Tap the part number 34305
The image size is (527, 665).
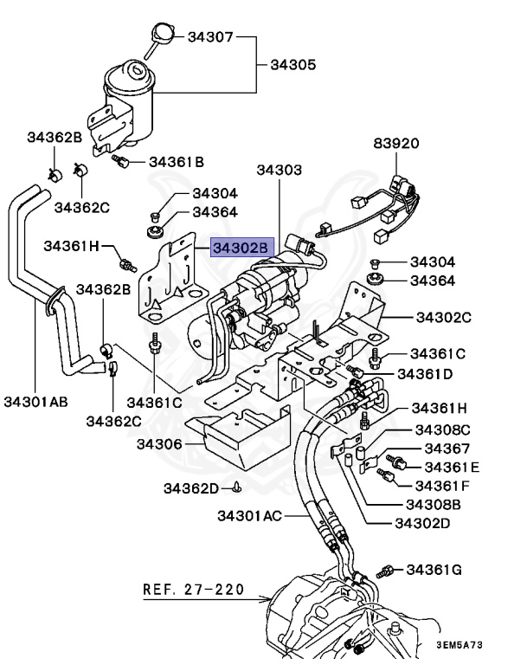[x=293, y=64]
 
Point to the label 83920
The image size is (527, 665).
[x=396, y=143]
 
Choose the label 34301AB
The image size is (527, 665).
[x=35, y=402]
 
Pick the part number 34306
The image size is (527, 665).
[x=159, y=444]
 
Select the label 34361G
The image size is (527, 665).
[x=434, y=569]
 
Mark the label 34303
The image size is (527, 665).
[x=279, y=171]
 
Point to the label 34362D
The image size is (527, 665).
[x=191, y=488]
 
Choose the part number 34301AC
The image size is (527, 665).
[x=250, y=517]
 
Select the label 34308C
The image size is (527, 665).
[x=442, y=429]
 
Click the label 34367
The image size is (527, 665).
[x=447, y=449]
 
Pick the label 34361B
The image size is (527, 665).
[x=177, y=161]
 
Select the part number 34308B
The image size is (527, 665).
[x=434, y=504]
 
